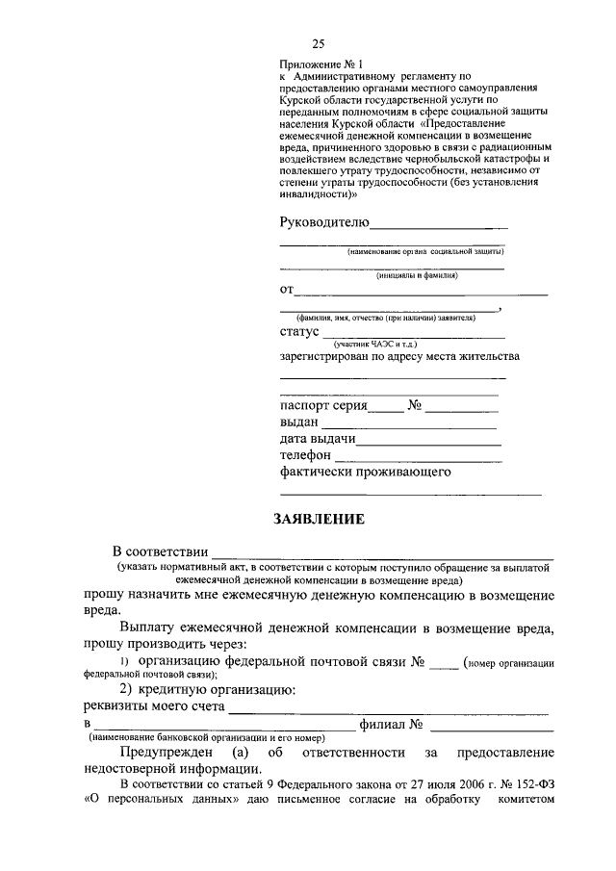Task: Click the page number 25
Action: (319, 43)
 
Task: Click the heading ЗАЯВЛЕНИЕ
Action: (319, 520)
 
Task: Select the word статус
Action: (298, 332)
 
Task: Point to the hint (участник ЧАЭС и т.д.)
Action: (374, 344)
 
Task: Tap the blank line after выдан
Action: (409, 427)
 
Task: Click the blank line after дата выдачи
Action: (429, 445)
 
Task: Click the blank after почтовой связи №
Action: (443, 667)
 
